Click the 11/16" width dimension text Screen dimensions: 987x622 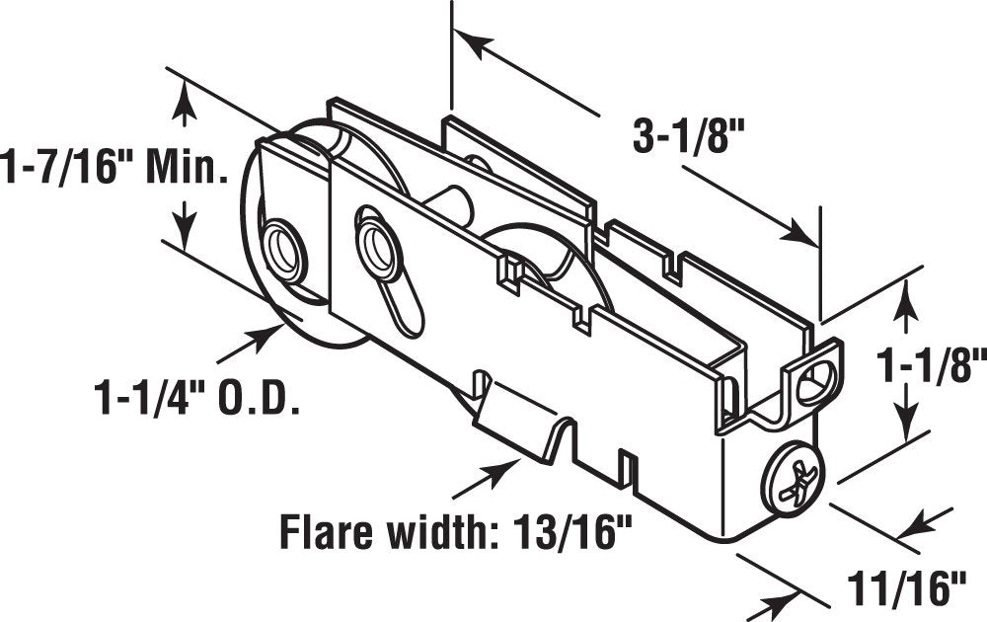[906, 588]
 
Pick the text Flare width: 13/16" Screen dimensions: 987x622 [456, 532]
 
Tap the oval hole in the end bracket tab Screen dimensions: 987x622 [816, 382]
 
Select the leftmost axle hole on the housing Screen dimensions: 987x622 [282, 249]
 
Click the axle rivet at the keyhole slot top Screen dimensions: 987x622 [377, 242]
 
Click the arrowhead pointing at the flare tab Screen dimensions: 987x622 [519, 461]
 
